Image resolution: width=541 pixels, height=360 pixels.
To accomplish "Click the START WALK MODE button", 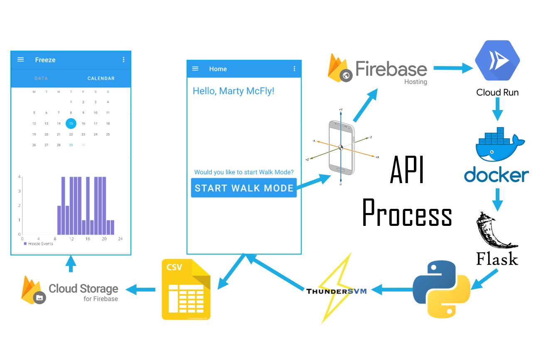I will pyautogui.click(x=244, y=188).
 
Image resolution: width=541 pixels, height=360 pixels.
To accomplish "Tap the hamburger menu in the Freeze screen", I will pyautogui.click(x=21, y=60).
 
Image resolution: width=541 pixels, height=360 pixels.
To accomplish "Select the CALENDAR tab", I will pyautogui.click(x=101, y=78).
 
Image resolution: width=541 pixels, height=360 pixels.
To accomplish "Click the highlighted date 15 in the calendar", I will pyautogui.click(x=71, y=123).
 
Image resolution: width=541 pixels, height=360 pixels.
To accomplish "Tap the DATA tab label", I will pyautogui.click(x=41, y=78).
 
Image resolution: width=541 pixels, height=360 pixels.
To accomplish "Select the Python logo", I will pyautogui.click(x=442, y=289).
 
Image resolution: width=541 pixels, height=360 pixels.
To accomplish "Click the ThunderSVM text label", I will pyautogui.click(x=337, y=291).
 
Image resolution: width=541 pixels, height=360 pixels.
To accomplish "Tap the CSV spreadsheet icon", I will pyautogui.click(x=186, y=289).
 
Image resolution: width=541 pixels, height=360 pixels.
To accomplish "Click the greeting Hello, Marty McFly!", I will pyautogui.click(x=234, y=91).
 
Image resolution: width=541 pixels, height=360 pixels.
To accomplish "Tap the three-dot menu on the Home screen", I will pyautogui.click(x=295, y=69).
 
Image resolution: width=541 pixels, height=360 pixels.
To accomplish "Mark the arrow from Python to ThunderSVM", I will pyautogui.click(x=391, y=289).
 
